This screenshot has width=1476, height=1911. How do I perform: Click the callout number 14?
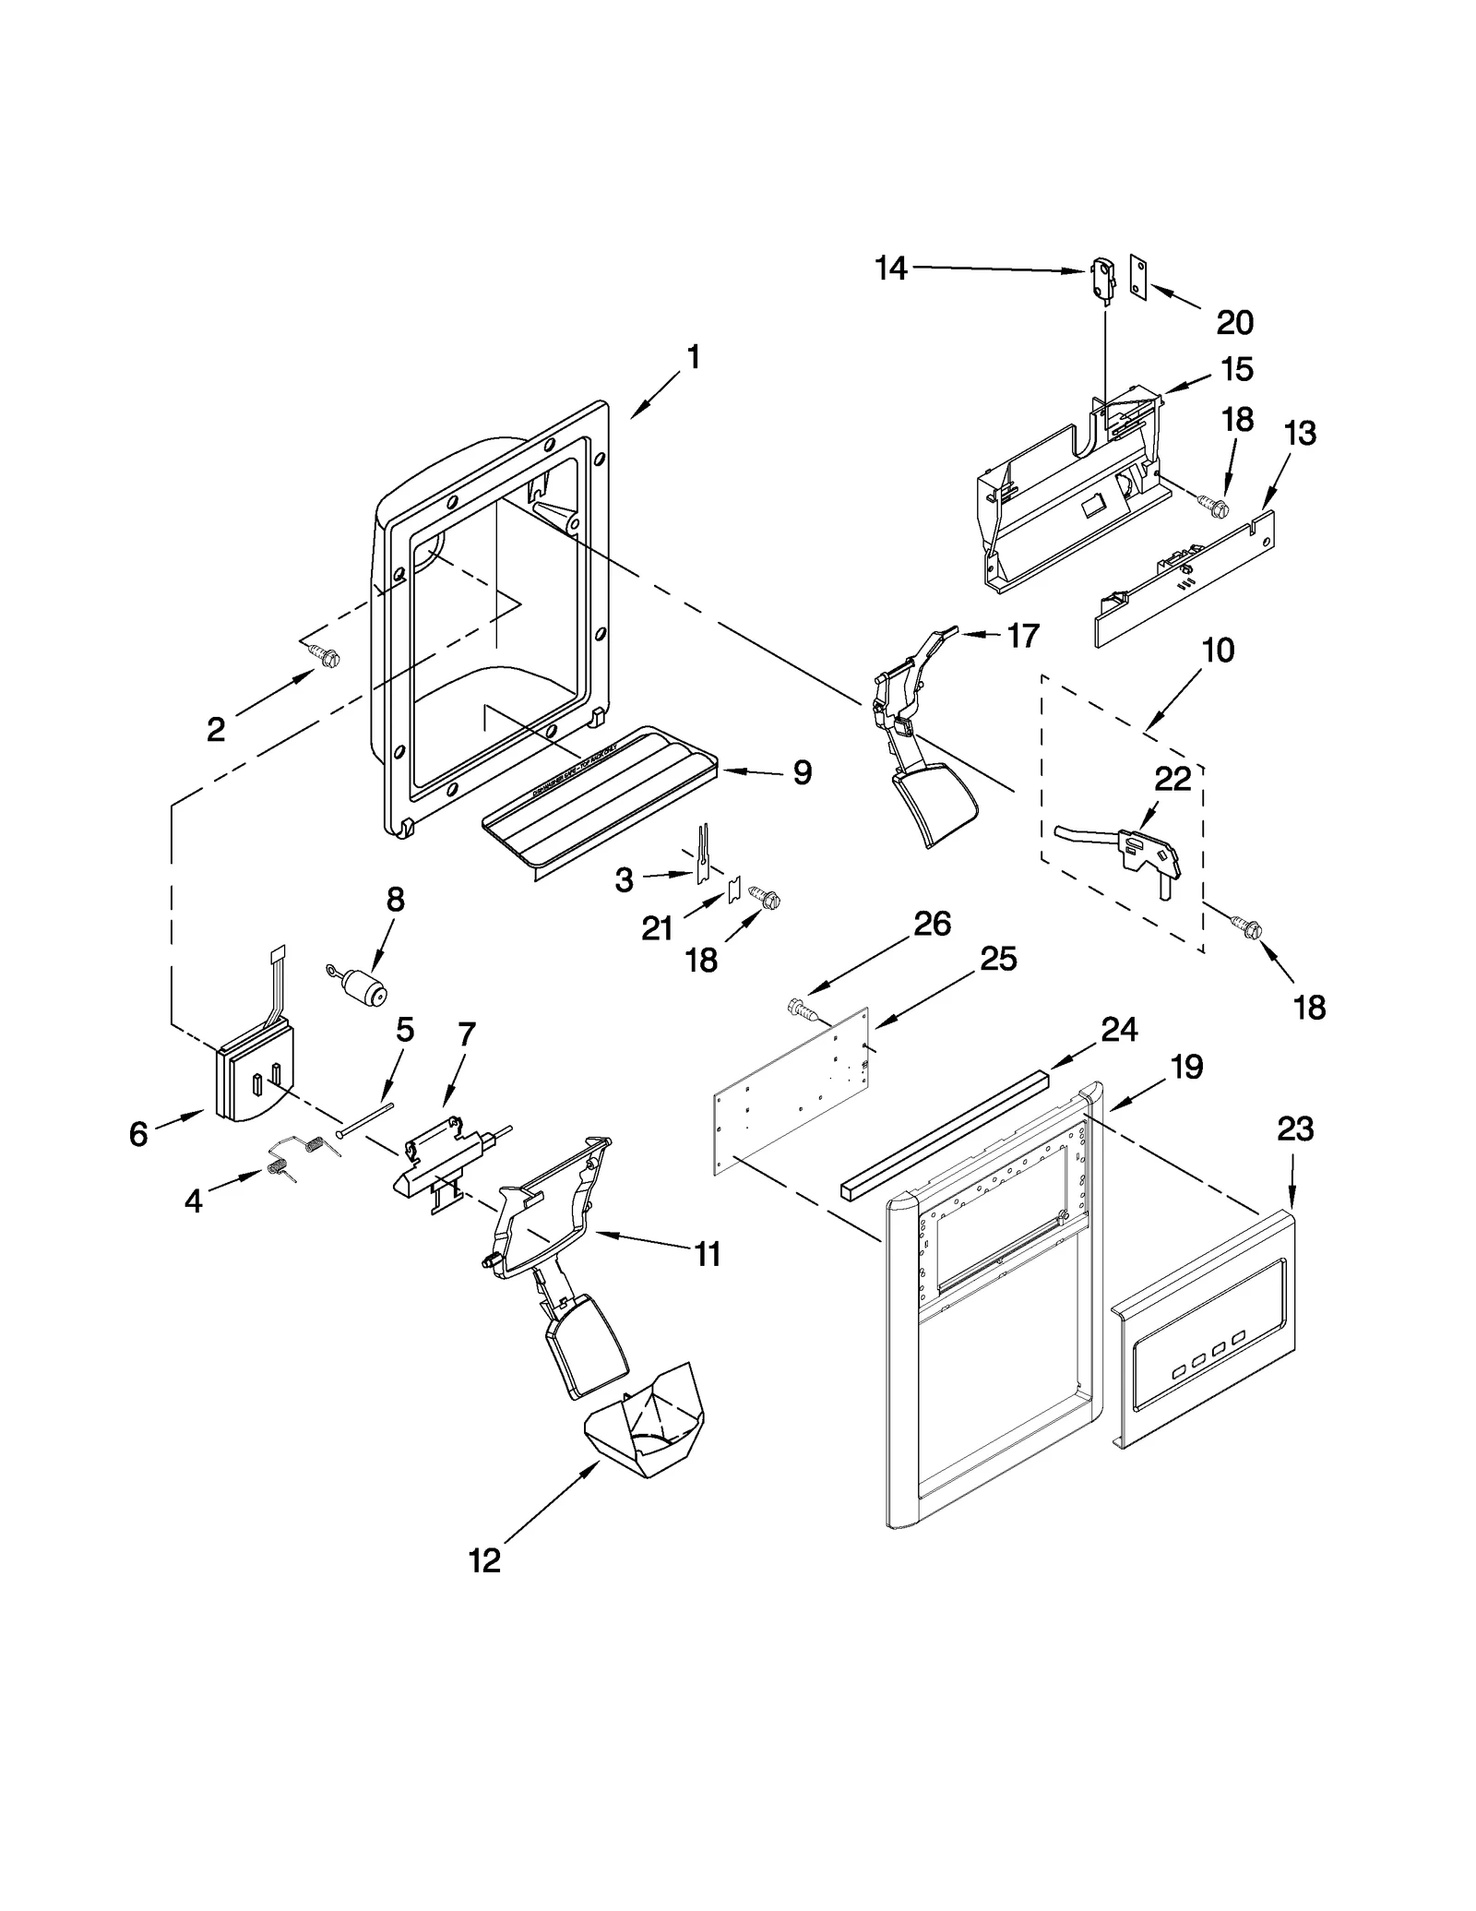[x=891, y=269]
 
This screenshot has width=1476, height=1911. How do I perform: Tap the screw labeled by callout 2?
[x=325, y=656]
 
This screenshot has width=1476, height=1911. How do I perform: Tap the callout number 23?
[x=1295, y=1129]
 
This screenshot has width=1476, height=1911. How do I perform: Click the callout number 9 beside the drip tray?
[x=803, y=772]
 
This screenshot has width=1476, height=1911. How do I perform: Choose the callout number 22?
[x=1172, y=780]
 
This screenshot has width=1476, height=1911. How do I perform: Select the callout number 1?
[x=694, y=357]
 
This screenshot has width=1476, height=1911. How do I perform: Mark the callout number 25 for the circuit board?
[x=998, y=959]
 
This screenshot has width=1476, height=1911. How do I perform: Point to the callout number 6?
[x=138, y=1133]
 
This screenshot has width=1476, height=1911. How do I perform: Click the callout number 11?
[x=708, y=1254]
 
